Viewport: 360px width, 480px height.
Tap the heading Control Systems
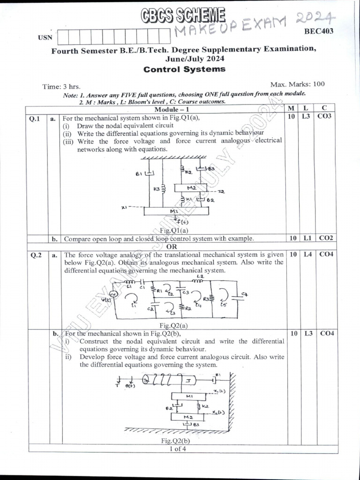point(184,69)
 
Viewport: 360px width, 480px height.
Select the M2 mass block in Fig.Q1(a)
point(191,187)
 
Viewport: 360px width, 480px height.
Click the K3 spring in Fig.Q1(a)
point(164,188)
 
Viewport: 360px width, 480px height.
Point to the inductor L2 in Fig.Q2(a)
point(200,280)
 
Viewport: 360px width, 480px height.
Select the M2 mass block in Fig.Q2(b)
point(188,417)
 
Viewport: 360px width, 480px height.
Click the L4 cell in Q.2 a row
point(307,255)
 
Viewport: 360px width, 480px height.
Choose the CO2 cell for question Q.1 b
point(325,238)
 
